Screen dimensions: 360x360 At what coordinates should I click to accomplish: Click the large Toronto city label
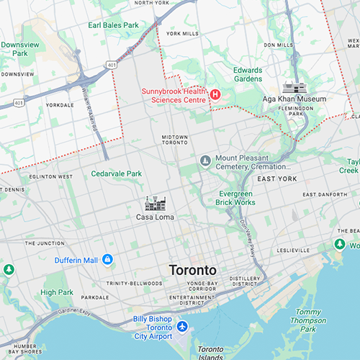[192, 271]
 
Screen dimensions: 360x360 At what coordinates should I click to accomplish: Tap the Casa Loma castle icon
[155, 203]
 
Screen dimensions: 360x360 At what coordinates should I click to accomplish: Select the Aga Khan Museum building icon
[293, 86]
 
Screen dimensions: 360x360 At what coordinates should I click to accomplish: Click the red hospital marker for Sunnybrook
[215, 94]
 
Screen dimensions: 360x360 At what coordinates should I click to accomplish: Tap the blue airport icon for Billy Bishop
[181, 327]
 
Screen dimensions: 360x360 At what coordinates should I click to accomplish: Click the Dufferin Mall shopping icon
[107, 259]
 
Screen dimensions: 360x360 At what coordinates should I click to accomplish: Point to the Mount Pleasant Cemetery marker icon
[205, 160]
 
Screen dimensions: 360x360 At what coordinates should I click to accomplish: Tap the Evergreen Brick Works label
[235, 198]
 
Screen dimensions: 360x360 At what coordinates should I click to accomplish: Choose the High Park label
[57, 292]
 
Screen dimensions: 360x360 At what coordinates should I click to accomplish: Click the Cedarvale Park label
[117, 174]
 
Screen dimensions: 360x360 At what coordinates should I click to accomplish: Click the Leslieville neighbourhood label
[292, 251]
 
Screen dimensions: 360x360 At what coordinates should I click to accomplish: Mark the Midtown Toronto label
[174, 140]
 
